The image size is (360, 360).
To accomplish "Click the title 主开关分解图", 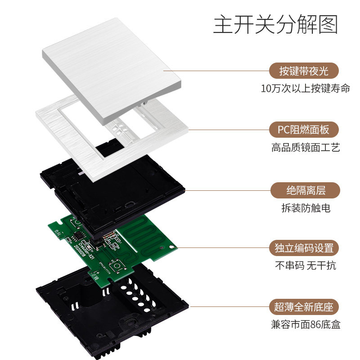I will point(275,25).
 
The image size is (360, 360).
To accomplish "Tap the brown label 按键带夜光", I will point(304,71).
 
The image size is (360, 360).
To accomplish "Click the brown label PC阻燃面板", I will point(304,130).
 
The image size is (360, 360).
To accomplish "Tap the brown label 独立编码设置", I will point(304,248).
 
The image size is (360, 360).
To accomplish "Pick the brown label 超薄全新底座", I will point(304,307).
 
